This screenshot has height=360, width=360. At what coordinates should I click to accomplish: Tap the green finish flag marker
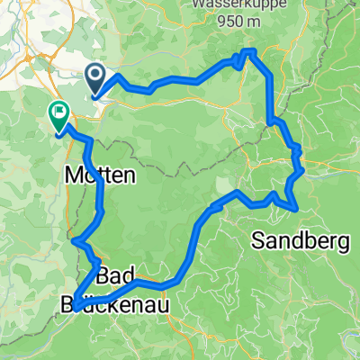tap(58, 116)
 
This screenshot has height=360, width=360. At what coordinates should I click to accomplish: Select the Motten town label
tap(100, 177)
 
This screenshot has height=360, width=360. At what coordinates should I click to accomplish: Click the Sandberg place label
tap(297, 240)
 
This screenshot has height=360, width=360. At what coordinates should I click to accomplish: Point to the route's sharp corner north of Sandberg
tap(296, 210)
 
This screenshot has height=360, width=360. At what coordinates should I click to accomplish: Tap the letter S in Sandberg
tap(257, 240)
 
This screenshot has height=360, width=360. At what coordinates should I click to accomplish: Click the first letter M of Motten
tap(74, 177)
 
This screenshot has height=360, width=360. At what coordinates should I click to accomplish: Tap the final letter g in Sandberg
tap(336, 242)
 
